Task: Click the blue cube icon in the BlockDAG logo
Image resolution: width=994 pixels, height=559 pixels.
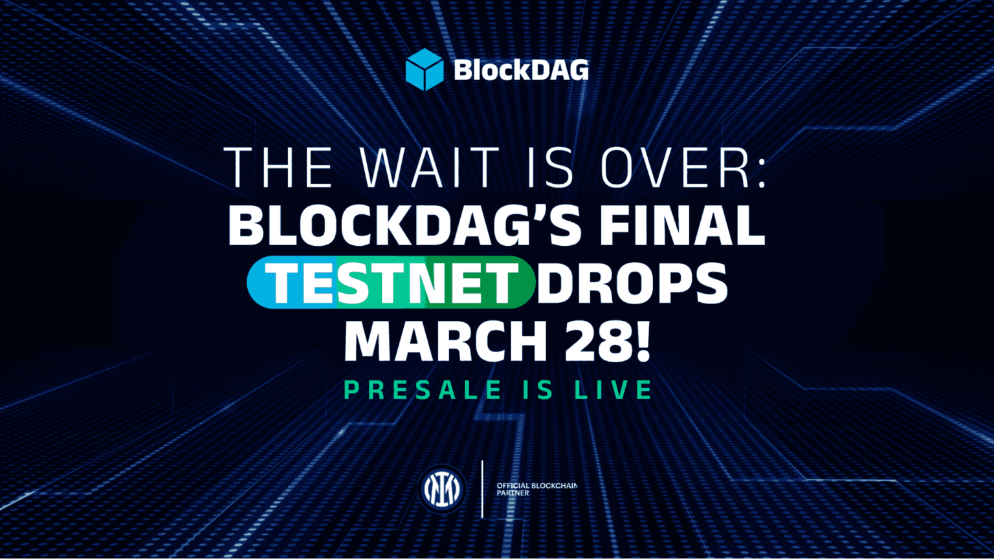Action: click(x=424, y=69)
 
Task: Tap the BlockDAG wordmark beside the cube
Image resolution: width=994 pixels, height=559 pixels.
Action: click(x=522, y=70)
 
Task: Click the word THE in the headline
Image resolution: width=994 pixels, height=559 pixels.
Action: click(x=278, y=168)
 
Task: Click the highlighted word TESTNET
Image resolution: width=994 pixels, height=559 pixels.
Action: click(x=391, y=283)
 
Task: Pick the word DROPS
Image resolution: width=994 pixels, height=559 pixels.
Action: click(x=632, y=283)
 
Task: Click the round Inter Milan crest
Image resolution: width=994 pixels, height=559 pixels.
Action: click(x=441, y=489)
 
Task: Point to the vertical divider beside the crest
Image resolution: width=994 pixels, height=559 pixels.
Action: click(x=482, y=489)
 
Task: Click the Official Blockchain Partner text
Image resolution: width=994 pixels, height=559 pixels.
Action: click(x=536, y=489)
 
